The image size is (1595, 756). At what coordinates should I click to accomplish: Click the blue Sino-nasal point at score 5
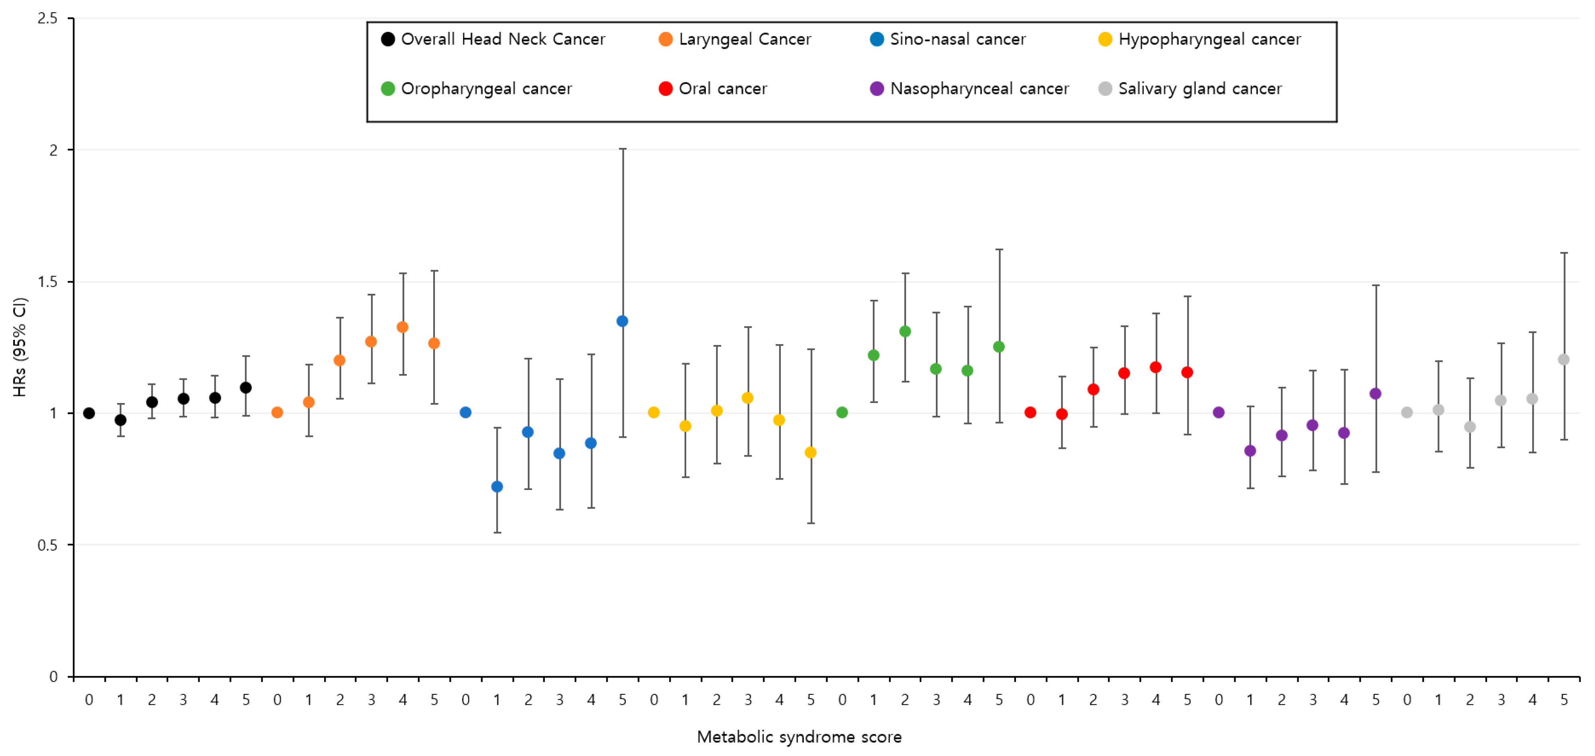[x=622, y=321]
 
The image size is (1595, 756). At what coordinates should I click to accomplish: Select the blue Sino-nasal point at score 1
[x=496, y=486]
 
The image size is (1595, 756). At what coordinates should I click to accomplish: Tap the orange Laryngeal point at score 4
[x=402, y=327]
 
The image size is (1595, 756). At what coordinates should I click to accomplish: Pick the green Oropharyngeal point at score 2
[x=905, y=332]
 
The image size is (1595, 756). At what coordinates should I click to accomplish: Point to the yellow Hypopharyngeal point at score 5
[x=811, y=453]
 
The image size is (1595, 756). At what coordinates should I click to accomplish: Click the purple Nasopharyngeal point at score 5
[x=1375, y=393]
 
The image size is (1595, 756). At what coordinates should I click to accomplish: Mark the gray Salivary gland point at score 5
[x=1564, y=359]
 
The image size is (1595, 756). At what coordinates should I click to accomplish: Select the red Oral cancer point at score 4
[x=1155, y=368]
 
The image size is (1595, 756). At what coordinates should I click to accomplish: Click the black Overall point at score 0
[x=89, y=413]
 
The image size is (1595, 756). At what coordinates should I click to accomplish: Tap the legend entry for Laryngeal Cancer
[x=735, y=39]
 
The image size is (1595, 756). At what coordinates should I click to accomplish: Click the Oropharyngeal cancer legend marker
[x=388, y=89]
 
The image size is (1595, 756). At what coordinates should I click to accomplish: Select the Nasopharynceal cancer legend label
[x=979, y=89]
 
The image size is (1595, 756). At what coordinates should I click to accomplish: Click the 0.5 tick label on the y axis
[x=47, y=545]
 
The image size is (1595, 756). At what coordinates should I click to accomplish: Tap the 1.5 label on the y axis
[x=47, y=282]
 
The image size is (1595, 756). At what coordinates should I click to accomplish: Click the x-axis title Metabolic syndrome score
[x=799, y=737]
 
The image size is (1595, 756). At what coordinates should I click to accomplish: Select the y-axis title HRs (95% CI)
[x=20, y=347]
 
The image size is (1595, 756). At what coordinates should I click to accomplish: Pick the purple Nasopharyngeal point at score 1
[x=1250, y=451]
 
